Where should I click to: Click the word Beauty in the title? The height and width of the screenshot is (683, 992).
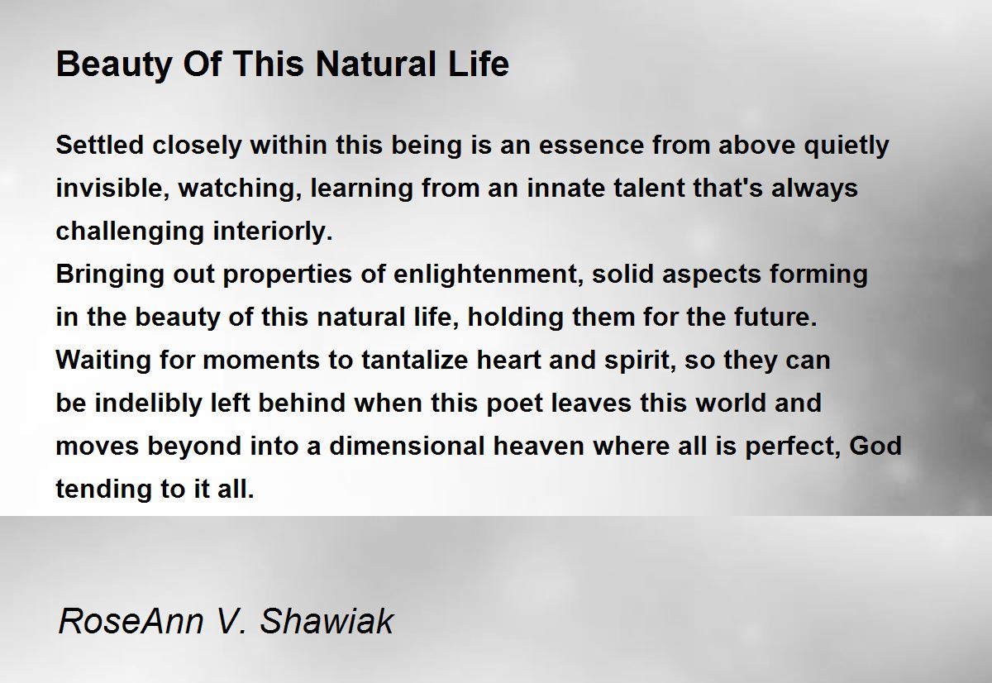click(114, 64)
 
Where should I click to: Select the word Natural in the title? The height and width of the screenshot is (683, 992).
click(376, 64)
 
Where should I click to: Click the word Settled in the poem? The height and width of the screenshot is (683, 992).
click(100, 145)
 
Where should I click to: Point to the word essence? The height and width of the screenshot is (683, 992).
click(591, 146)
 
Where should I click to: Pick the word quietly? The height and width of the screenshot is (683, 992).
click(847, 146)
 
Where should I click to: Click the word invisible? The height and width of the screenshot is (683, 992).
click(112, 189)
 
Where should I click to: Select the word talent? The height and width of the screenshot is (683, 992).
click(649, 188)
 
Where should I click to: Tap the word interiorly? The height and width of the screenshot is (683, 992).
click(272, 232)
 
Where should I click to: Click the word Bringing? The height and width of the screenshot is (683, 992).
click(110, 275)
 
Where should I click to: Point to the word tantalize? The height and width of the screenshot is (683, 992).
click(414, 360)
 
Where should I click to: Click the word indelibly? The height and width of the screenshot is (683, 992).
click(148, 404)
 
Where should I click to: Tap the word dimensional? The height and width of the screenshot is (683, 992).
click(407, 446)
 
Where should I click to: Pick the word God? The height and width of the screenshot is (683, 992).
click(875, 446)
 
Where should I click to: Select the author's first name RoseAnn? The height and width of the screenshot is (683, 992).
click(131, 620)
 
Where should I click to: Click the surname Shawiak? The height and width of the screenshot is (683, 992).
click(327, 620)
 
